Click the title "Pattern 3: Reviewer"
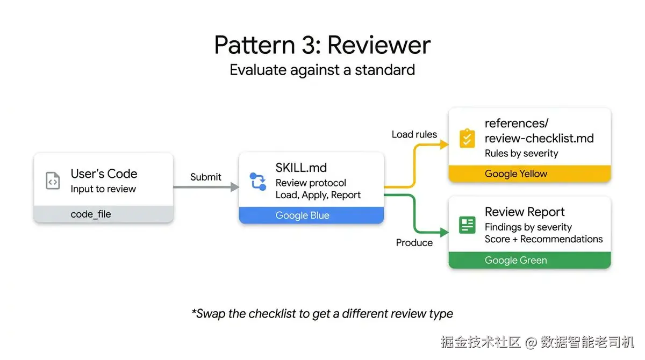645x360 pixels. (x=322, y=45)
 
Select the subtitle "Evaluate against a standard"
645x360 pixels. (x=322, y=70)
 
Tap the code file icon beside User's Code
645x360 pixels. (x=53, y=181)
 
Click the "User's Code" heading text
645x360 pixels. (x=104, y=174)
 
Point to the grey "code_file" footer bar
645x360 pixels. (x=103, y=214)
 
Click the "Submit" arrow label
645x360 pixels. (x=205, y=177)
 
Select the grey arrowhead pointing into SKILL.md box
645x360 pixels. (x=234, y=187)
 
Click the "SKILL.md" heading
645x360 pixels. (x=301, y=168)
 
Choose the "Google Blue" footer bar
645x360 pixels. (x=311, y=215)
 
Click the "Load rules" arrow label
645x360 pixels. (x=414, y=134)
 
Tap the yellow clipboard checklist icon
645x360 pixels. (x=467, y=138)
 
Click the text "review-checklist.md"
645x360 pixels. (x=539, y=138)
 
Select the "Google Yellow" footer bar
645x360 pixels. (x=529, y=174)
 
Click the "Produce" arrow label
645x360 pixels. (x=414, y=243)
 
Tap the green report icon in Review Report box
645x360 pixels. (x=467, y=225)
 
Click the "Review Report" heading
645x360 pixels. (x=525, y=212)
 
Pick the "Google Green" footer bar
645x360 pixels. (x=529, y=260)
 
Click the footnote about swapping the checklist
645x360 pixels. (x=322, y=313)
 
